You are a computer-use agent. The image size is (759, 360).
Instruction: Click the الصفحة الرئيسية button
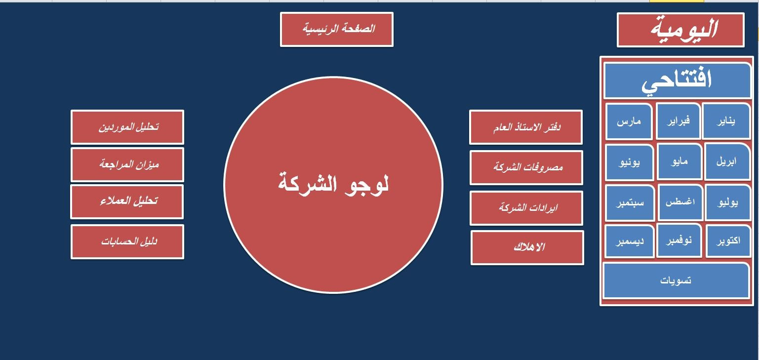337,29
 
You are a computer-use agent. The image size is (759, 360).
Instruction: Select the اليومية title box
680,30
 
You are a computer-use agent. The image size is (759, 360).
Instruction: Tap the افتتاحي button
677,80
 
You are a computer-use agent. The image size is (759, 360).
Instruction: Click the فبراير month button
678,121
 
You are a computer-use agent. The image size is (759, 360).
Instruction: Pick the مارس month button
629,121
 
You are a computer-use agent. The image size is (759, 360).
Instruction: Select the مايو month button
679,161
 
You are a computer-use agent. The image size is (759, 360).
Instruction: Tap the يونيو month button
630,162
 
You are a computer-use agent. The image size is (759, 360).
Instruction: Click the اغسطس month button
680,202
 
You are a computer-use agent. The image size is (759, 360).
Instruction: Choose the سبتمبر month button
630,203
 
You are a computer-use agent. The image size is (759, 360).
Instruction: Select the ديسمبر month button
630,241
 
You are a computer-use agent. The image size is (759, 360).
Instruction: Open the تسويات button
676,280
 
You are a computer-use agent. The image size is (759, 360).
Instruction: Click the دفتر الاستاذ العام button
526,127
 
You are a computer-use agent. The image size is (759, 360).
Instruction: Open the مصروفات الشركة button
526,167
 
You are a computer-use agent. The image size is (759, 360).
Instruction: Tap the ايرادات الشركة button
526,208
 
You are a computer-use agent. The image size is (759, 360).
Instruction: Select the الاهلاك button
527,247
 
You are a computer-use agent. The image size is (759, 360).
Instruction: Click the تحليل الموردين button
127,127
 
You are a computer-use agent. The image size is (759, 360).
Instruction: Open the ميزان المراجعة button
127,164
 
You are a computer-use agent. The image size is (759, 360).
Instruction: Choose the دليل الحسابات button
127,241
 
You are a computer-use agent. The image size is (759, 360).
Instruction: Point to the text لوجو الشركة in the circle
333,184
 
